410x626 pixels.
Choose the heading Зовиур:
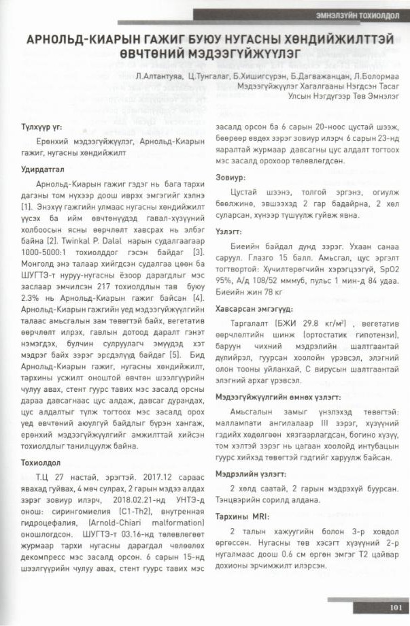pyautogui.click(x=230, y=177)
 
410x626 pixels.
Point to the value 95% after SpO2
pyautogui.click(x=225, y=278)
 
